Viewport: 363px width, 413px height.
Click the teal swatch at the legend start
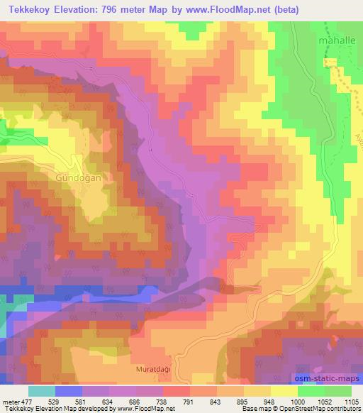point(42,390)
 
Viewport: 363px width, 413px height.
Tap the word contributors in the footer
point(342,409)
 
